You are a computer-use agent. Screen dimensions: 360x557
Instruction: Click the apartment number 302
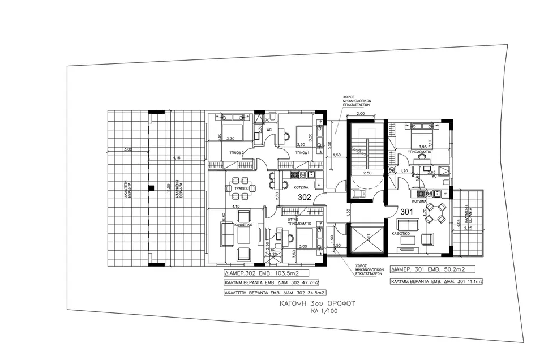[x=305, y=198]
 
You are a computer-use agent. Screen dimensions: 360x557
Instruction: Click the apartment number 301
[x=406, y=212]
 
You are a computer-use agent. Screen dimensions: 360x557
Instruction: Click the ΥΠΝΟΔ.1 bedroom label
[x=301, y=153]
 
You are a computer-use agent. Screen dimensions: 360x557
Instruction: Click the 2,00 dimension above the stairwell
[x=362, y=114]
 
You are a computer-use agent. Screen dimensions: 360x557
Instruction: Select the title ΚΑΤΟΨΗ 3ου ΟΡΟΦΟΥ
[x=320, y=303]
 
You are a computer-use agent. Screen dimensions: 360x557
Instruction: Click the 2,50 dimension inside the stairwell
[x=367, y=172]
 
